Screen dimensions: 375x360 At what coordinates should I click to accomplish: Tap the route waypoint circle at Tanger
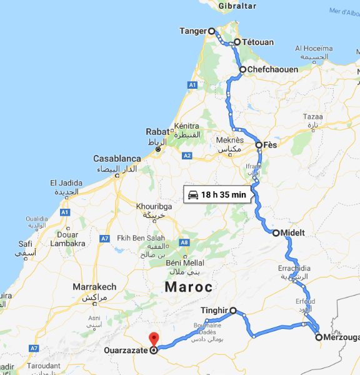211,31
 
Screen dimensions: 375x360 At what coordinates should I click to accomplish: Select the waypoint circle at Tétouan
237,42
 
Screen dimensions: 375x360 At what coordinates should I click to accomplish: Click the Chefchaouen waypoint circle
242,69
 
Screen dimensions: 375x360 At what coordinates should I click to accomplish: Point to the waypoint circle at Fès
259,145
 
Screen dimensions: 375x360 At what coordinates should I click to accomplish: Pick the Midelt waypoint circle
276,233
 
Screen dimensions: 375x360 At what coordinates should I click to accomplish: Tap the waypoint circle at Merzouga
319,337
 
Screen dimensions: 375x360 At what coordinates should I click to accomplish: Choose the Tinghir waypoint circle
233,310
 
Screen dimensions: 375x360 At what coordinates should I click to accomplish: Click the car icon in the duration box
193,194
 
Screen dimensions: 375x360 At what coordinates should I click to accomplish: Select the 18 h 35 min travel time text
224,194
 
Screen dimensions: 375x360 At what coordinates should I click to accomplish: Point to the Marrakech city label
94,287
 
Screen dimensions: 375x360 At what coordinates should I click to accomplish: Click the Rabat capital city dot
158,149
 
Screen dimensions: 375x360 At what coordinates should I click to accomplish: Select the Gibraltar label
237,5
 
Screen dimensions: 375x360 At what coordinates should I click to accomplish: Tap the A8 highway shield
184,242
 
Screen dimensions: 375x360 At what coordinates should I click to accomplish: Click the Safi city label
26,244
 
